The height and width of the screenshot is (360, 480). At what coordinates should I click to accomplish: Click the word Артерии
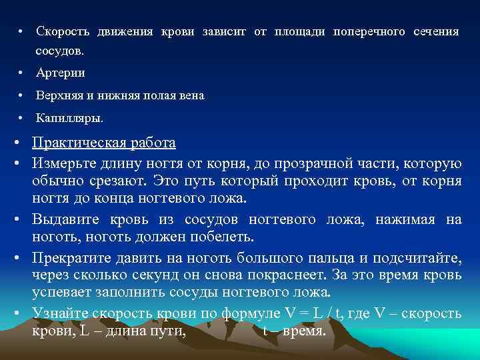click(x=61, y=73)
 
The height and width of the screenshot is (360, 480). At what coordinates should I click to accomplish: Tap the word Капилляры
click(x=69, y=119)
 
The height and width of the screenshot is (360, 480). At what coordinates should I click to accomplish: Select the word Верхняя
click(x=57, y=96)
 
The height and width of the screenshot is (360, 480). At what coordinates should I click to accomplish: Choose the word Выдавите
click(x=66, y=219)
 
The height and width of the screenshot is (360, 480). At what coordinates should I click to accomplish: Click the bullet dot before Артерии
click(x=21, y=73)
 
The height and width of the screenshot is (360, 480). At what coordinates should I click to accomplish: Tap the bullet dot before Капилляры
click(x=21, y=119)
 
